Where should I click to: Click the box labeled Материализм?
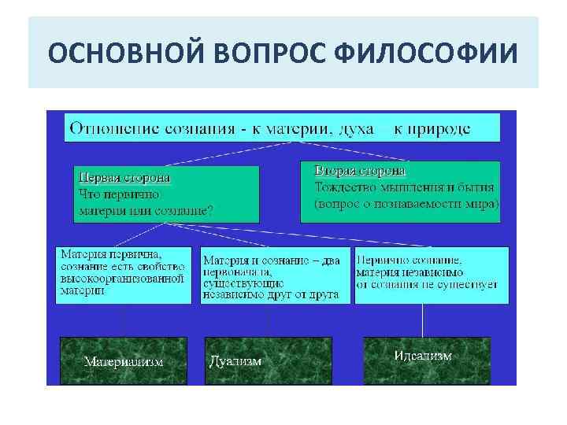tap(124, 361)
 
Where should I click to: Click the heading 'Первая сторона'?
tap(125, 177)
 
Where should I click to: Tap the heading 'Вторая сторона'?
tap(361, 170)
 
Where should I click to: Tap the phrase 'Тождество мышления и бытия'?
tap(404, 187)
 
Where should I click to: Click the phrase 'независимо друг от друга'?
tap(270, 294)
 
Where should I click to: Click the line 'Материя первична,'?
tap(111, 254)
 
